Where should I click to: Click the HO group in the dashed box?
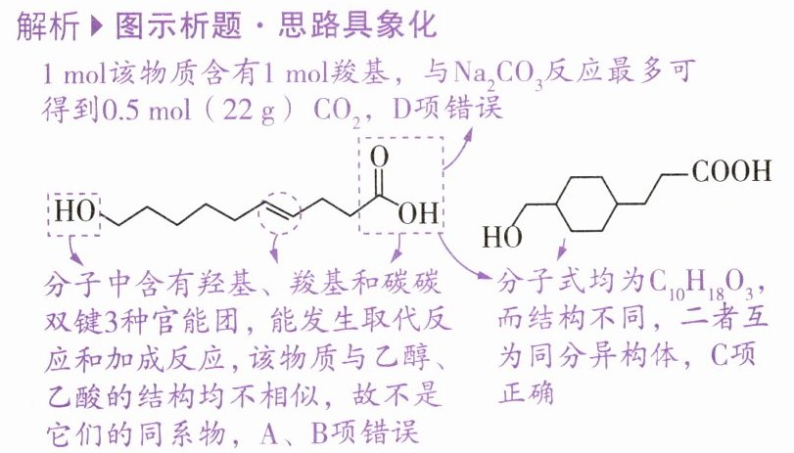click(x=70, y=212)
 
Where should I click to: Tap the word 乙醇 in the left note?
click(x=406, y=358)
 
